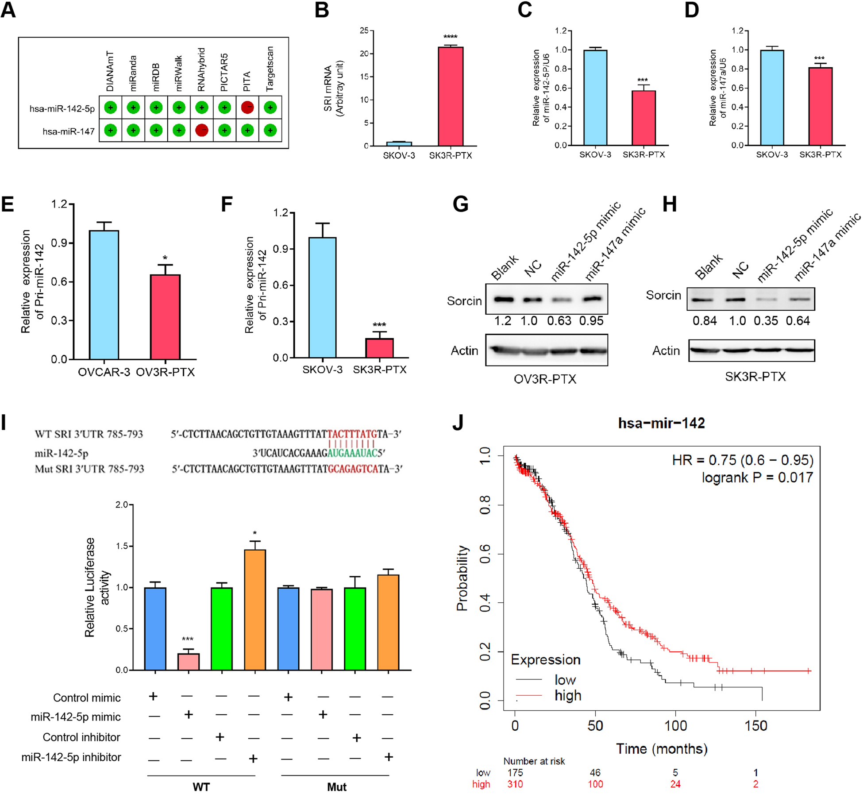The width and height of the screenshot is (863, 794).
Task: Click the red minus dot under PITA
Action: [247, 108]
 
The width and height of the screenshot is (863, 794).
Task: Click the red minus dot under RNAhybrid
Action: [202, 131]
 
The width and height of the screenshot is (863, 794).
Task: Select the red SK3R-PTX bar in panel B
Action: [451, 96]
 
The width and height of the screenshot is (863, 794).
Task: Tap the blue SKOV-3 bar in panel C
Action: [595, 97]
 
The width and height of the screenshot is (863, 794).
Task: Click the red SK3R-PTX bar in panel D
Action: [820, 106]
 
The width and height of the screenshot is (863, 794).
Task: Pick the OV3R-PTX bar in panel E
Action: [165, 317]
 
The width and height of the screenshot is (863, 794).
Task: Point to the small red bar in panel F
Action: [379, 348]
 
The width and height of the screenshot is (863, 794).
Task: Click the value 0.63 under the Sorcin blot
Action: [559, 321]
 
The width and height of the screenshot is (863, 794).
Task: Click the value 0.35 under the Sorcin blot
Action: [766, 321]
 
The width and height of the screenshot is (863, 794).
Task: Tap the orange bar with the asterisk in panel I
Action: [255, 610]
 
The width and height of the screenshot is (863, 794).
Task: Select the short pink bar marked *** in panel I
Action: [189, 662]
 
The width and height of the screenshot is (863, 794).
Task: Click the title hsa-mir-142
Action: [661, 423]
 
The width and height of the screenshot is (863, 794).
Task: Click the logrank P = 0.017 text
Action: [757, 478]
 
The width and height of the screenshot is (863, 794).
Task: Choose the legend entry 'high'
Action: [568, 696]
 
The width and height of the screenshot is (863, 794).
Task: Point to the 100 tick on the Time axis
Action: [676, 726]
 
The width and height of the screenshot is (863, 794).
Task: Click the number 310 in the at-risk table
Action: [515, 784]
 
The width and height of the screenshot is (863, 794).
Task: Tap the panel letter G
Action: [460, 204]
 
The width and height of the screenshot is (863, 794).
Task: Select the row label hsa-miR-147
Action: [68, 131]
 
